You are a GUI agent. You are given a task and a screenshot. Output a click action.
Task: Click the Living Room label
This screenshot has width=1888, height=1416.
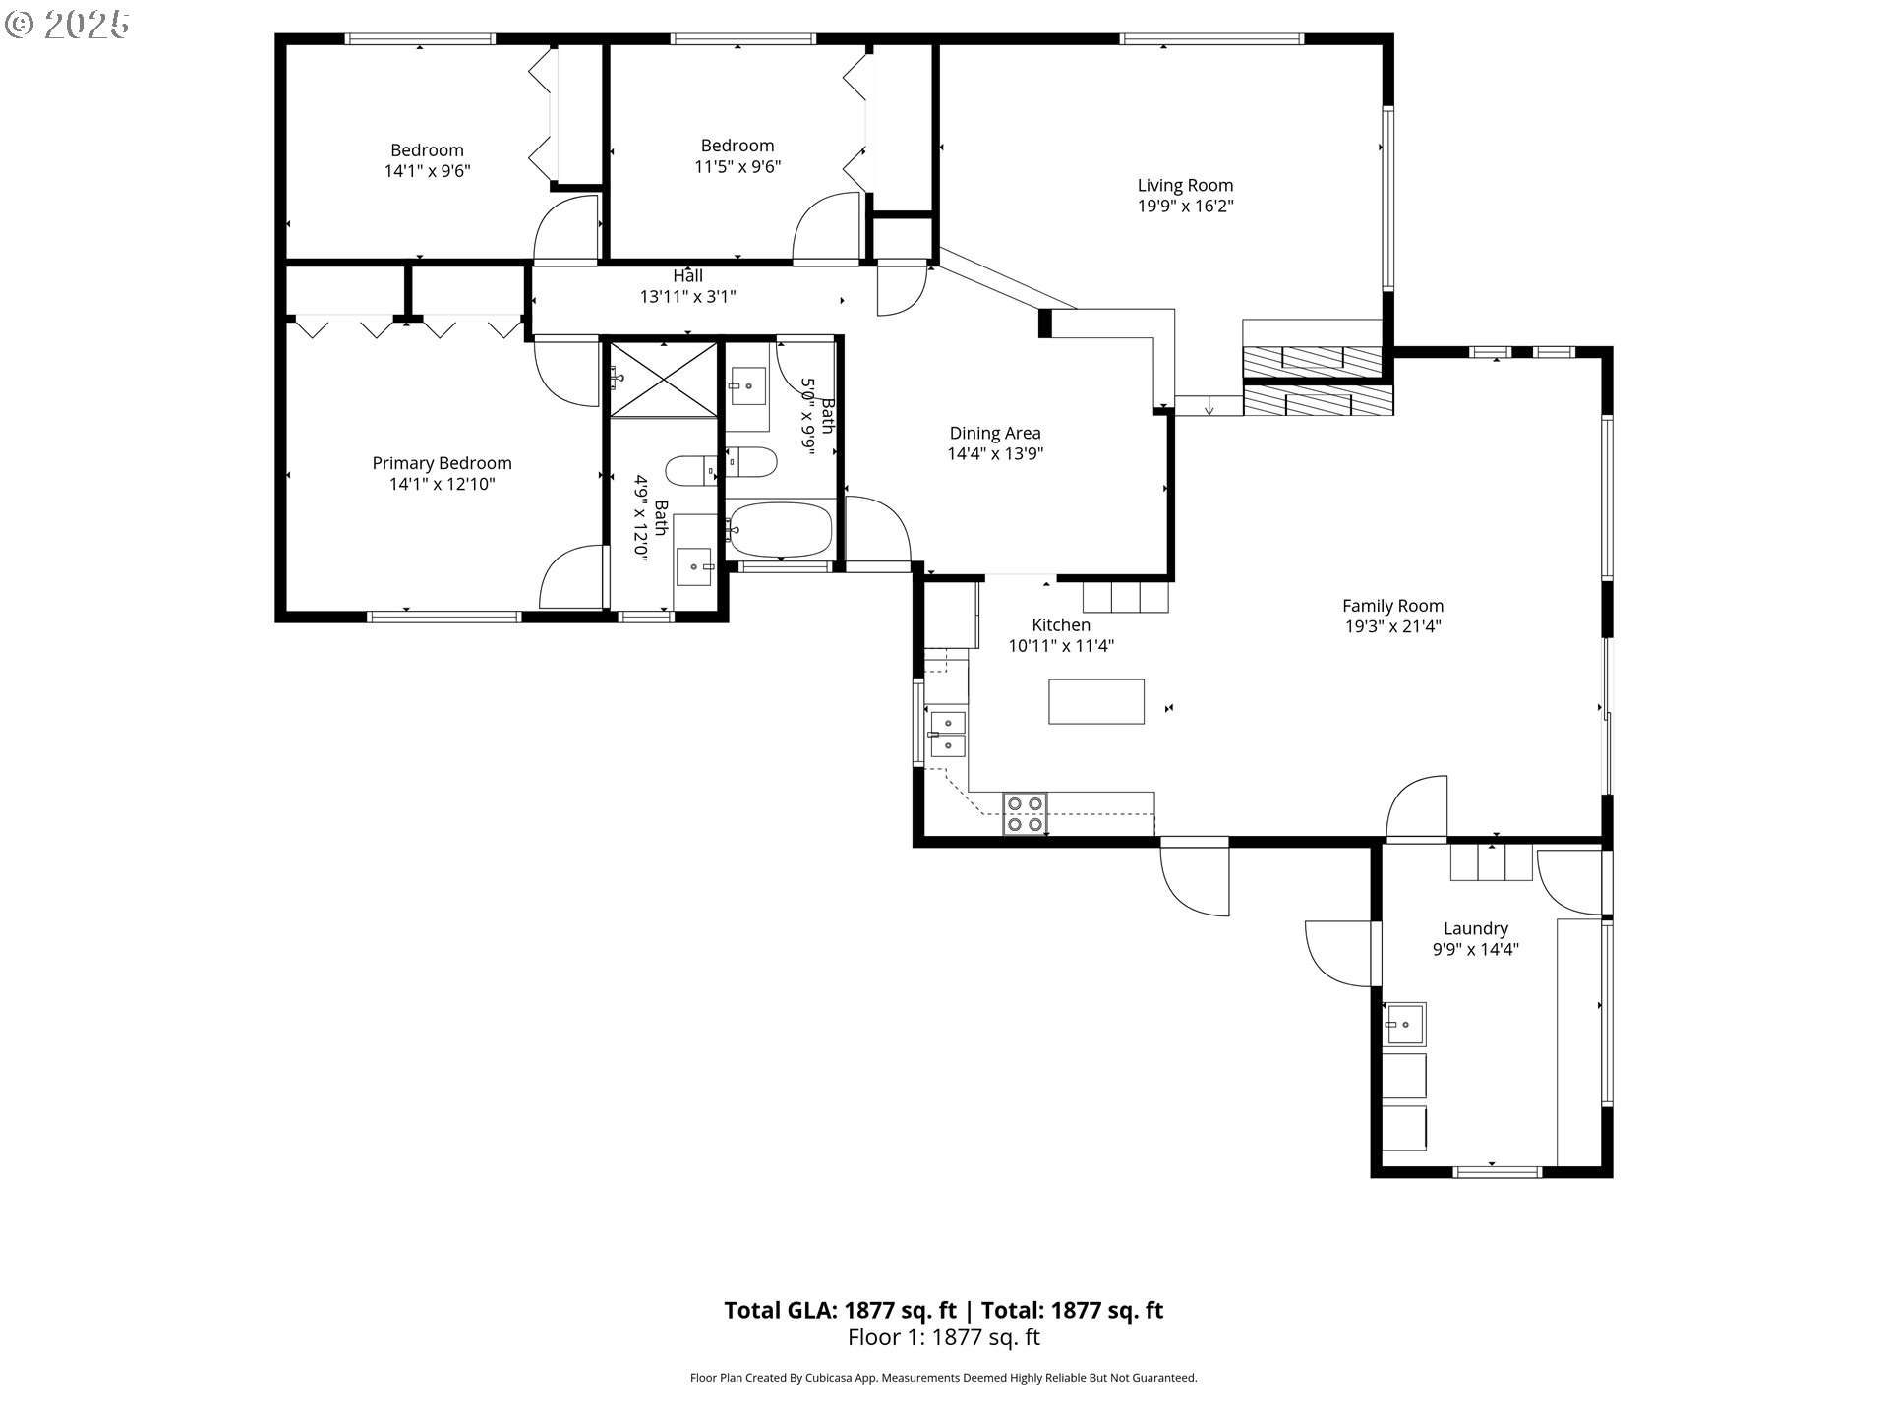click(1185, 185)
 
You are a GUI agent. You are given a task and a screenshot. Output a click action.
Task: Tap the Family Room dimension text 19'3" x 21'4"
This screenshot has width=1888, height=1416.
click(1392, 626)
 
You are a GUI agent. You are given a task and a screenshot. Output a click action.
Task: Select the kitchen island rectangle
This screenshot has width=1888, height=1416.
click(1096, 702)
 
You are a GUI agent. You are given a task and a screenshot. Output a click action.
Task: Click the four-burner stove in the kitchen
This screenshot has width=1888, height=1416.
click(1025, 814)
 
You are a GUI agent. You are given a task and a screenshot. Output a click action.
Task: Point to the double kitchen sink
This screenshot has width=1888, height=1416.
click(948, 734)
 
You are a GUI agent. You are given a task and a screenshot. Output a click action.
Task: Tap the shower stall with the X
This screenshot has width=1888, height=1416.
click(664, 380)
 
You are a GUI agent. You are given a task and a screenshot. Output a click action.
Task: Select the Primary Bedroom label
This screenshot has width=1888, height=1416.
click(442, 463)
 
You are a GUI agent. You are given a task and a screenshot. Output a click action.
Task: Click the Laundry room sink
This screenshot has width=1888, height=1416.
click(1404, 1025)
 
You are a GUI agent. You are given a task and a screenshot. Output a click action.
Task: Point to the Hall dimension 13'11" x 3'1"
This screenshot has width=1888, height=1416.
click(687, 296)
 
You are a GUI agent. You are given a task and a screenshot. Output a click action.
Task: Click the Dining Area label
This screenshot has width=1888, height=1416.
click(995, 433)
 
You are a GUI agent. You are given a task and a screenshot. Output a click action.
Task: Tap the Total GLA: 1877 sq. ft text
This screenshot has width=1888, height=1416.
click(840, 1310)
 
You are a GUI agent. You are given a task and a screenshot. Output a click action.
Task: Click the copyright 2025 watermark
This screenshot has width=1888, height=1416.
click(67, 25)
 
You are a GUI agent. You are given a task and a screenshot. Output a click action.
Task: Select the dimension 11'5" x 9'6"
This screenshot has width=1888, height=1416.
click(737, 167)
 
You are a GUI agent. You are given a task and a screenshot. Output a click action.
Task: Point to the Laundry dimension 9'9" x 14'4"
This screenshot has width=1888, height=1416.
click(1476, 949)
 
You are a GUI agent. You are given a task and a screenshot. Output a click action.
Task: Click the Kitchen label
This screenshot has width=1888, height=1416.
click(1061, 624)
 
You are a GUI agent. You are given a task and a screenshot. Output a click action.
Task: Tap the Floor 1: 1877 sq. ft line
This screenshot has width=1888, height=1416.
click(944, 1337)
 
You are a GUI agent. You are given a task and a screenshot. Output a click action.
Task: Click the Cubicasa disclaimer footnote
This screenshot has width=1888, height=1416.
click(944, 1378)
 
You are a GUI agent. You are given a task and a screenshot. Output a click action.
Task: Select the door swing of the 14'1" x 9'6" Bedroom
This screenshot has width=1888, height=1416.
click(566, 229)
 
